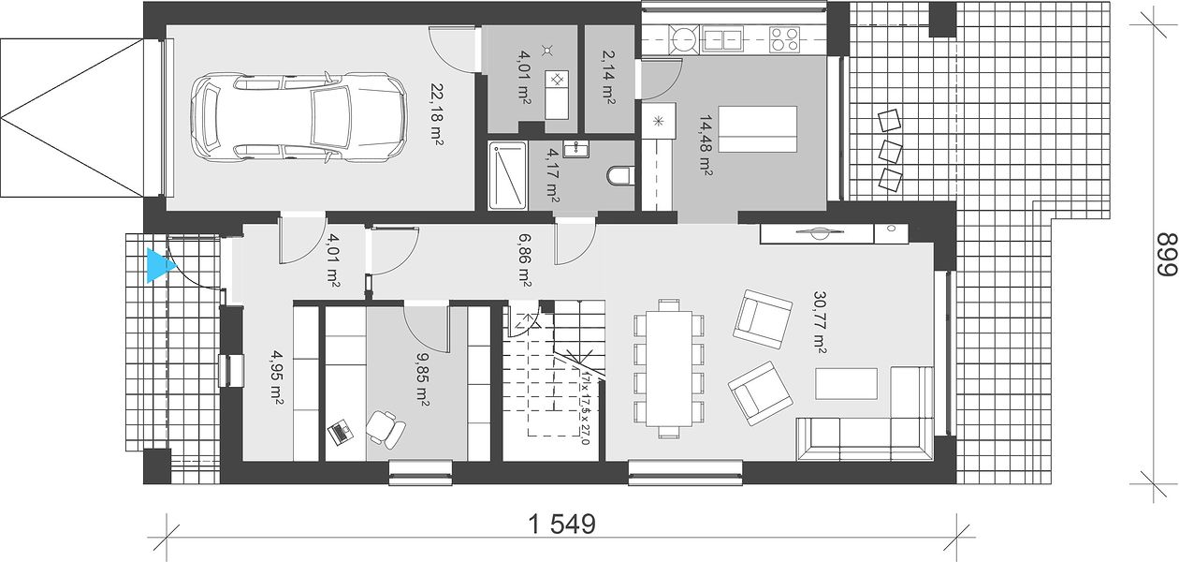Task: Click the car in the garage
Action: tap(298, 116)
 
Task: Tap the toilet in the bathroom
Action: tap(621, 176)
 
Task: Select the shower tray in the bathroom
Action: tap(507, 176)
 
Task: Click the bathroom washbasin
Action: tap(575, 149)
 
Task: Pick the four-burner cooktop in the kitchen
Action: tap(784, 39)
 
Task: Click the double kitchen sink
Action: tap(722, 38)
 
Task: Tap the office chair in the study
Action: tap(386, 429)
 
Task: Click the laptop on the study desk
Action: tap(341, 432)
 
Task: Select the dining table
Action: tap(669, 369)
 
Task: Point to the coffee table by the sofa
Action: tap(846, 384)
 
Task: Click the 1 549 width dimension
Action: tap(561, 525)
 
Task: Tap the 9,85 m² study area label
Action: tap(422, 379)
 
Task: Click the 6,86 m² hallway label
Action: tap(524, 261)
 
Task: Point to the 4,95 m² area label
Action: tap(277, 377)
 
